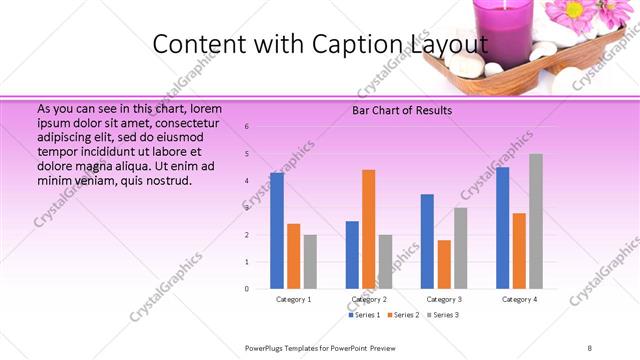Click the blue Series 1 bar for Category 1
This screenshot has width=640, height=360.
coord(277,230)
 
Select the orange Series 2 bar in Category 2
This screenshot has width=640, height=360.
coord(368,229)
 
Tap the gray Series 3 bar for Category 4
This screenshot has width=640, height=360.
coord(536,221)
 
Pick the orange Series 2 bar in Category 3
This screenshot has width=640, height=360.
coord(444,264)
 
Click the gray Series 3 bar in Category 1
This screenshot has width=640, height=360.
coord(310,261)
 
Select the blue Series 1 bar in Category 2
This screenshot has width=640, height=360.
coord(352,255)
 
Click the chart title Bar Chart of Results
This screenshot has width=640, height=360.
coord(402,110)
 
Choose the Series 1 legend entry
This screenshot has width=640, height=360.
coord(364,315)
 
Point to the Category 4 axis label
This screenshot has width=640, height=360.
coord(519,299)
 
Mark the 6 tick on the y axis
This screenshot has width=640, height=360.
coord(247,126)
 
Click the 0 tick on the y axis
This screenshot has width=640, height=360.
coord(247,289)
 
